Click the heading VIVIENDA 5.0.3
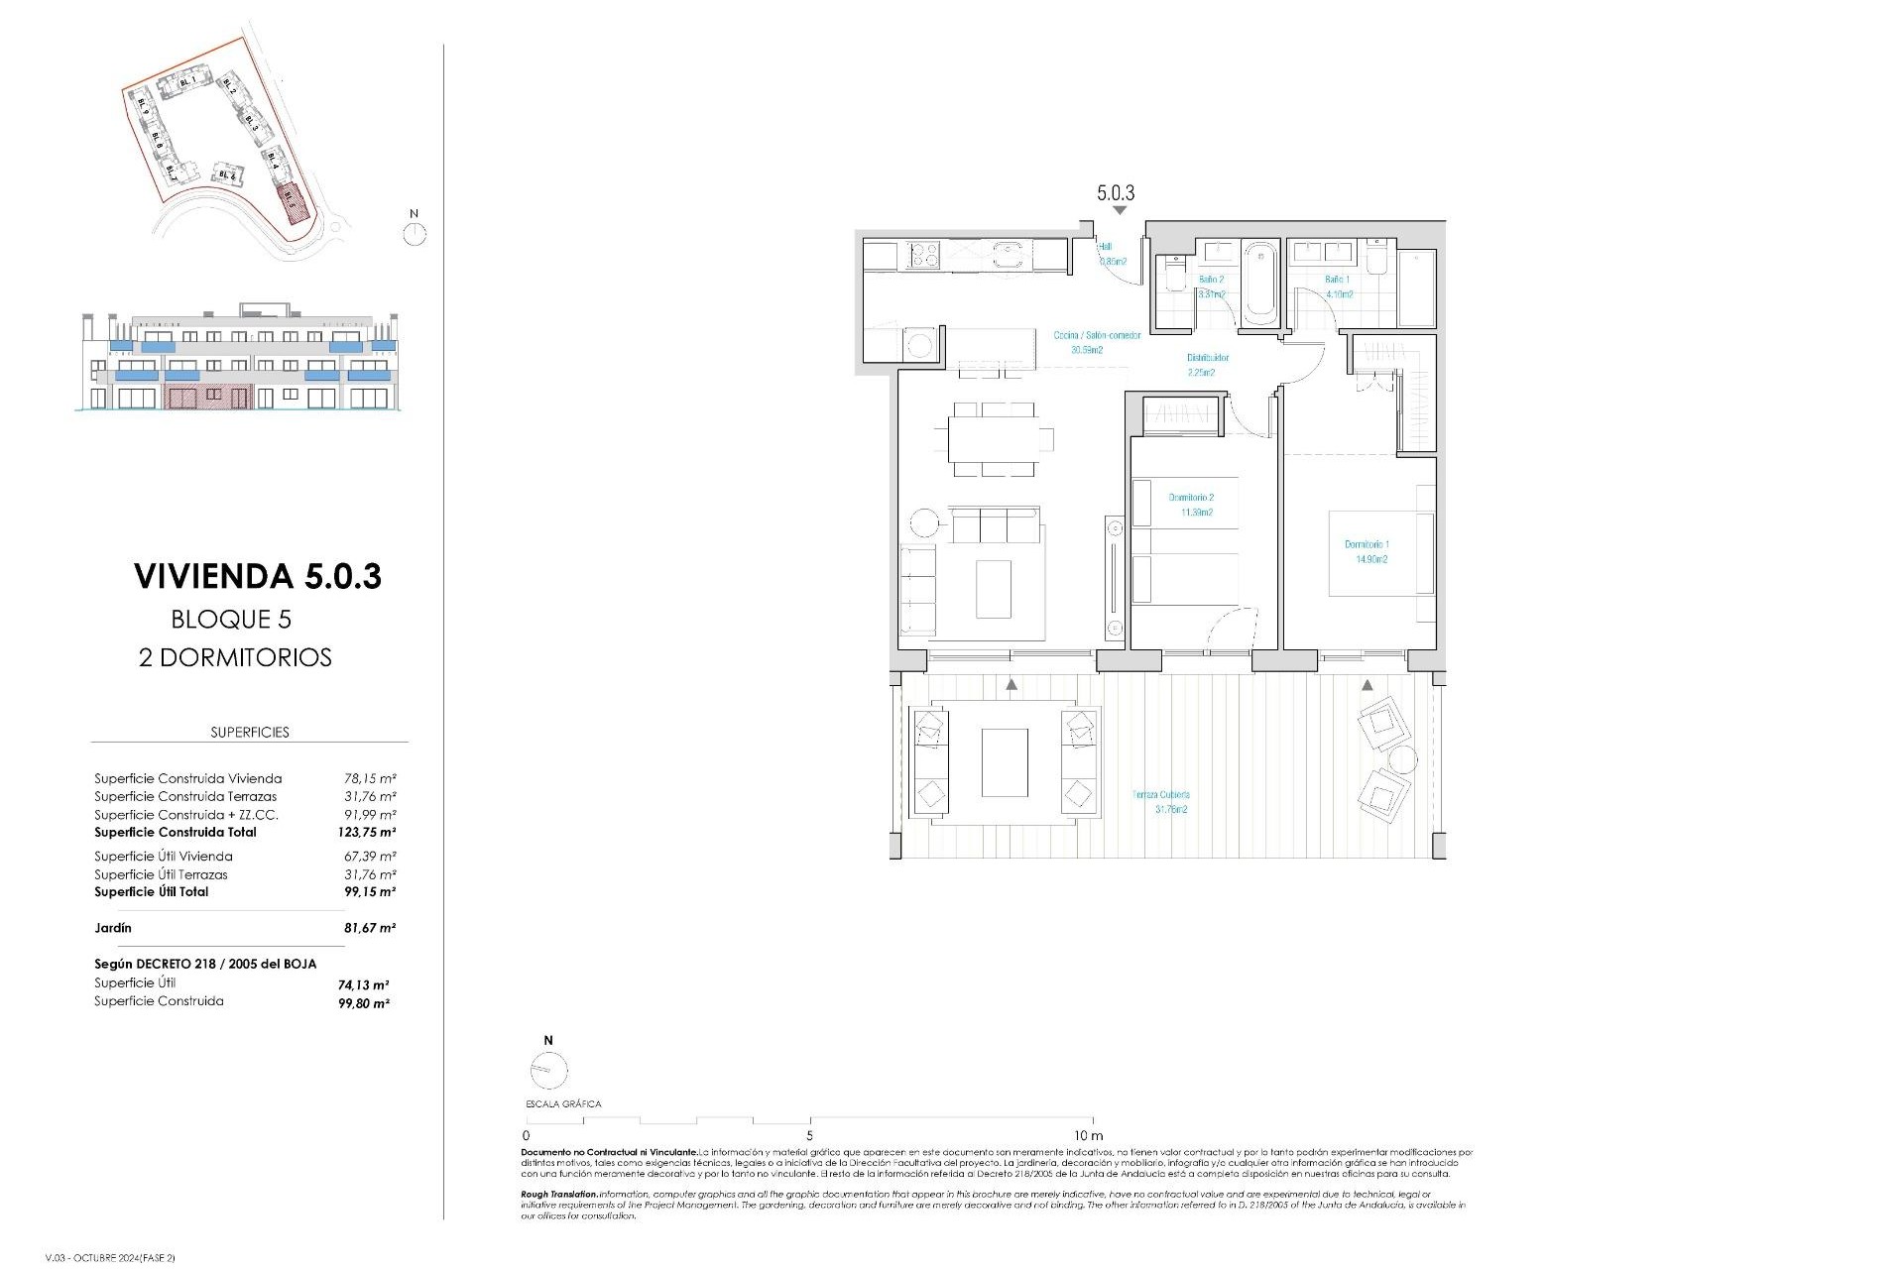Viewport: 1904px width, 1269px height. click(x=258, y=576)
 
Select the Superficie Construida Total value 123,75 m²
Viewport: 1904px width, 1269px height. click(x=366, y=833)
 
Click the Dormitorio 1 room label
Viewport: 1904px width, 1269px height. click(x=1367, y=551)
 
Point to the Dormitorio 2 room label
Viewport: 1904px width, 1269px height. click(x=1190, y=505)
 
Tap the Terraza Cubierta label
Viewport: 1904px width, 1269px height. click(x=1160, y=801)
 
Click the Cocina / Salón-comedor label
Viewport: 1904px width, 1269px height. click(x=1096, y=342)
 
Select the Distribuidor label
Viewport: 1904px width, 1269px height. click(x=1208, y=364)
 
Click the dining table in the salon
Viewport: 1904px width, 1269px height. click(x=993, y=438)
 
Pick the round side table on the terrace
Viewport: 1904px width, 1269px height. click(x=1402, y=760)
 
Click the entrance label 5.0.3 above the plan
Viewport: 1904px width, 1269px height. click(x=1116, y=193)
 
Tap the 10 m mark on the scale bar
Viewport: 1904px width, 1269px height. click(x=1088, y=1135)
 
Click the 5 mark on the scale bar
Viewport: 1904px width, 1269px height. click(x=810, y=1135)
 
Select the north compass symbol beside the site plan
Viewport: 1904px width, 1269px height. click(x=415, y=234)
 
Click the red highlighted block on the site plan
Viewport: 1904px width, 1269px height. click(x=292, y=199)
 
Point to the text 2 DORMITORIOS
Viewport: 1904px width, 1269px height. click(x=235, y=657)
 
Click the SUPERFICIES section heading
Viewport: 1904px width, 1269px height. click(x=250, y=732)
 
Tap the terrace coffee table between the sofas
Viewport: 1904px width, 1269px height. click(x=1005, y=762)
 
